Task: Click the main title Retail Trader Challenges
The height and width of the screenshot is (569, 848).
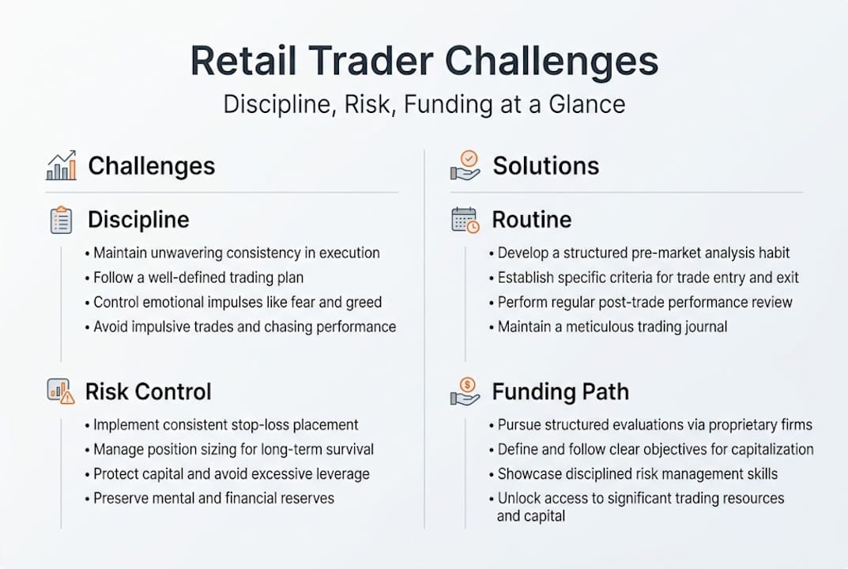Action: click(424, 62)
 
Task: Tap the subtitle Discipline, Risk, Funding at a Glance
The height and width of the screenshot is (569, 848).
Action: click(424, 104)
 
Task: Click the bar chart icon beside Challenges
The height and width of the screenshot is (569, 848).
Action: click(62, 165)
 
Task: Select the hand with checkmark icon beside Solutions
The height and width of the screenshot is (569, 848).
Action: click(465, 165)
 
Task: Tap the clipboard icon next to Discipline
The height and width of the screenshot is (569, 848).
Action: click(61, 220)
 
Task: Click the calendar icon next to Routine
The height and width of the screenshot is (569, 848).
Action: click(465, 220)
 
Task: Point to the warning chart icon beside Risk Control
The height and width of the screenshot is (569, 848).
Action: click(61, 391)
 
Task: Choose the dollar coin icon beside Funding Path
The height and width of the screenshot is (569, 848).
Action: click(465, 391)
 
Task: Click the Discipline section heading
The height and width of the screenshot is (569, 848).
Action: click(138, 220)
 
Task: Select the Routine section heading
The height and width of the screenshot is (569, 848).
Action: click(531, 220)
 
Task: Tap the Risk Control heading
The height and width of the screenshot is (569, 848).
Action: click(148, 391)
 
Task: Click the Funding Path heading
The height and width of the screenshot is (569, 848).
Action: click(560, 391)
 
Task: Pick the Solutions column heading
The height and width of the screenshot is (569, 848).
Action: click(545, 166)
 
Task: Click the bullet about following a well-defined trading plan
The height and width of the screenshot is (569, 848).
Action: click(198, 278)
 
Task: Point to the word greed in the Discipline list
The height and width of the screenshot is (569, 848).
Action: click(364, 303)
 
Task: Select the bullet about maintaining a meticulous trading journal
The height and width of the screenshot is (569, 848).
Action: click(612, 326)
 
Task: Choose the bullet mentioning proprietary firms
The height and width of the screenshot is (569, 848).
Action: click(654, 425)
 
